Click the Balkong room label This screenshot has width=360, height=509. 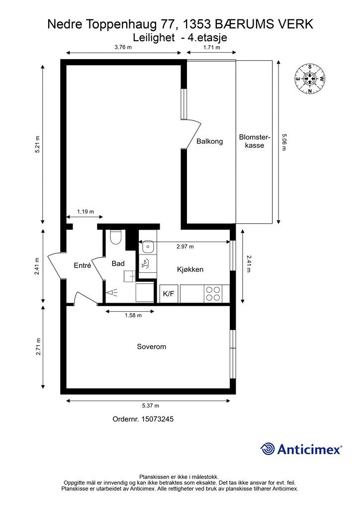210,141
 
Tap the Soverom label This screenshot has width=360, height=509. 151,346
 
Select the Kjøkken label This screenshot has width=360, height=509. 190,269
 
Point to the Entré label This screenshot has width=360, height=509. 83,265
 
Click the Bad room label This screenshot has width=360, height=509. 118,263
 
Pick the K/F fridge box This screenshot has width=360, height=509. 169,294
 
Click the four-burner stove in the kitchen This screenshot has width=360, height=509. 213,293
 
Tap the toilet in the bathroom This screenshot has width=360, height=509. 116,237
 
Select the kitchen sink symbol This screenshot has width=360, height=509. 148,247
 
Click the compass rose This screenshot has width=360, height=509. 310,79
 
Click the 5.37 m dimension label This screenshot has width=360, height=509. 151,406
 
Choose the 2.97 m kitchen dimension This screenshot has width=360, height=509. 185,247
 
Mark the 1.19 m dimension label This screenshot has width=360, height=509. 86,212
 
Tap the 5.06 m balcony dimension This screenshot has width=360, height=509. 284,142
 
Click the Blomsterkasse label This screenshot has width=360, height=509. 255,141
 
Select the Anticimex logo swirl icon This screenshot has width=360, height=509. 268,449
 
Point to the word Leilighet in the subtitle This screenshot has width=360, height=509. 154,38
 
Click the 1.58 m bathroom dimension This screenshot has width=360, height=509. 133,315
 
